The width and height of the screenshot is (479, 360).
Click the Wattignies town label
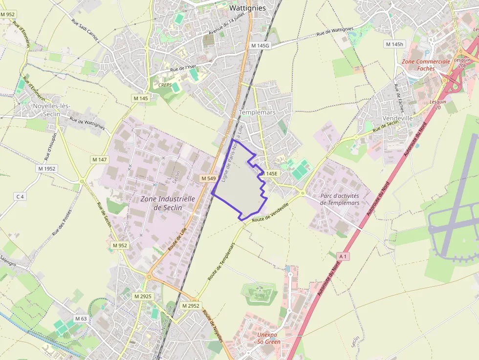click(247, 8)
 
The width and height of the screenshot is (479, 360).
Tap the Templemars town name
click(257, 112)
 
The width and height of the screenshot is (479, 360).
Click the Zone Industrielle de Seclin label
click(168, 203)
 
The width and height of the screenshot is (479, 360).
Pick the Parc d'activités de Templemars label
click(340, 199)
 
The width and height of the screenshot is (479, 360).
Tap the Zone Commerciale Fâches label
click(426, 65)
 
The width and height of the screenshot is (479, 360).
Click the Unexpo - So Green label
click(269, 339)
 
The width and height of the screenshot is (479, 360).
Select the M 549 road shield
click(208, 179)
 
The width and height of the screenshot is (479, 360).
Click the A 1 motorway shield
click(344, 256)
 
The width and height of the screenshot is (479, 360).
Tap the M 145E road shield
click(269, 173)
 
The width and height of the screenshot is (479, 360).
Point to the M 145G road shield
click(260, 45)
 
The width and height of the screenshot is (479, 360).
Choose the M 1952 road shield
click(47, 169)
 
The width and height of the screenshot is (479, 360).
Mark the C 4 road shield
click(20, 196)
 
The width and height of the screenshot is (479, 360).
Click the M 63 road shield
click(81, 319)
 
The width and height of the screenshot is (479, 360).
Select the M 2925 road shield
click(143, 296)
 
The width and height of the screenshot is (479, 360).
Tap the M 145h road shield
click(395, 44)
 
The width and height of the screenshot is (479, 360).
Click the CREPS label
click(165, 85)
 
